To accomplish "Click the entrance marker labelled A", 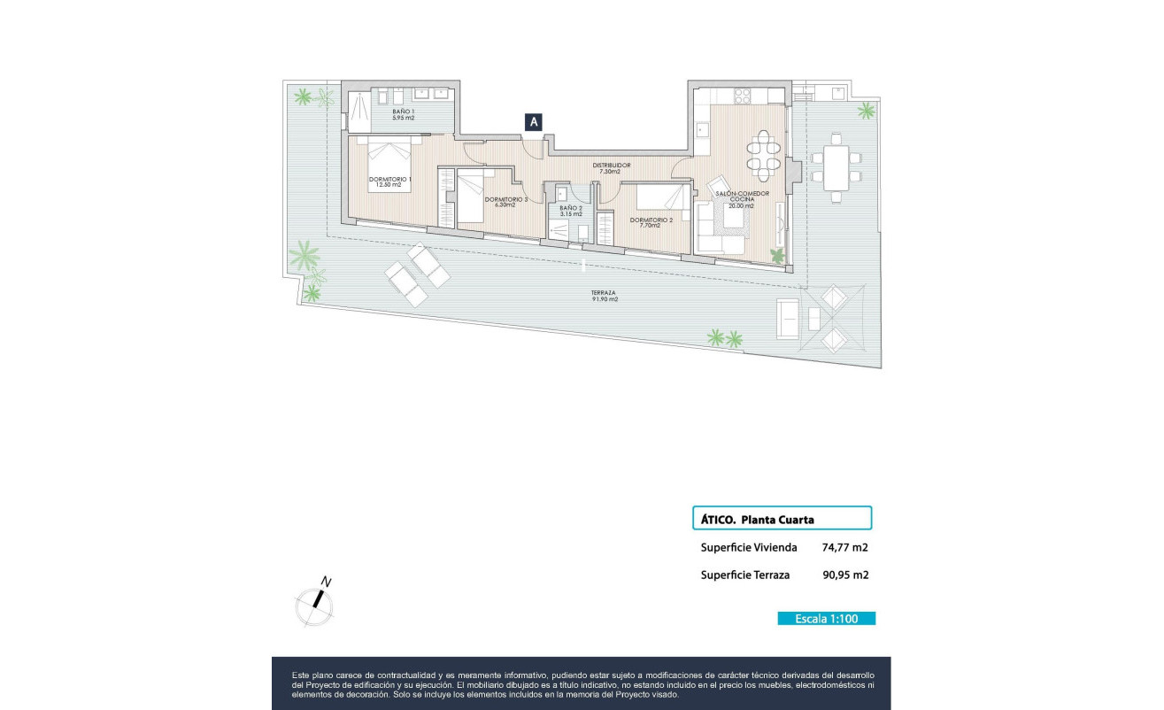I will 533,123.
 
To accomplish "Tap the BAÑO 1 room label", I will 404,114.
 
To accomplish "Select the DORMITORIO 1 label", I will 390,181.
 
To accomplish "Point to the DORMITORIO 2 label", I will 651,222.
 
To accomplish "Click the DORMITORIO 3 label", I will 505,202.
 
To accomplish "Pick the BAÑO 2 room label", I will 571,211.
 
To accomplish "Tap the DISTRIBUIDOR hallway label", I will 612,167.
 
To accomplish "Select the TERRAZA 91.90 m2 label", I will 605,296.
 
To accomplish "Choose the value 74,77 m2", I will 844,547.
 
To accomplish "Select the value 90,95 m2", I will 844,575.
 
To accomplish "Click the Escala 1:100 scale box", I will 826,619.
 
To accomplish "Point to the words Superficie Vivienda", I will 748,547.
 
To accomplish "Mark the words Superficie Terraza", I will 744,575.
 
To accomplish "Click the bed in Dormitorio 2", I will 656,196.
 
